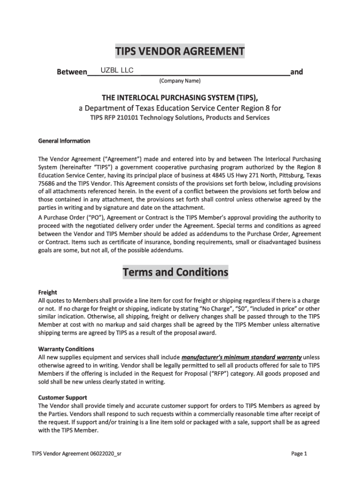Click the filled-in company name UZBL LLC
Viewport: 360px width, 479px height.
pyautogui.click(x=114, y=70)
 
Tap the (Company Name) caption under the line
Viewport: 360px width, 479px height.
pyautogui.click(x=180, y=81)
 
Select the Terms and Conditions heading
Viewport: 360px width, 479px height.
pyautogui.click(x=175, y=272)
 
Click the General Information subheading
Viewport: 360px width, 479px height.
pyautogui.click(x=64, y=141)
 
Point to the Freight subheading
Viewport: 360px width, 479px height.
pyautogui.click(x=48, y=292)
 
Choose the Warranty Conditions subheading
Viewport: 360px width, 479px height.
pyautogui.click(x=66, y=349)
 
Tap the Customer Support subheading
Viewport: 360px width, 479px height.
pyautogui.click(x=62, y=398)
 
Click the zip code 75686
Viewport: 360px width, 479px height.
pyautogui.click(x=46, y=184)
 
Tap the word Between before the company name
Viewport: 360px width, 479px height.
pyautogui.click(x=72, y=73)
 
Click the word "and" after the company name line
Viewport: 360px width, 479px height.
pyautogui.click(x=296, y=72)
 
